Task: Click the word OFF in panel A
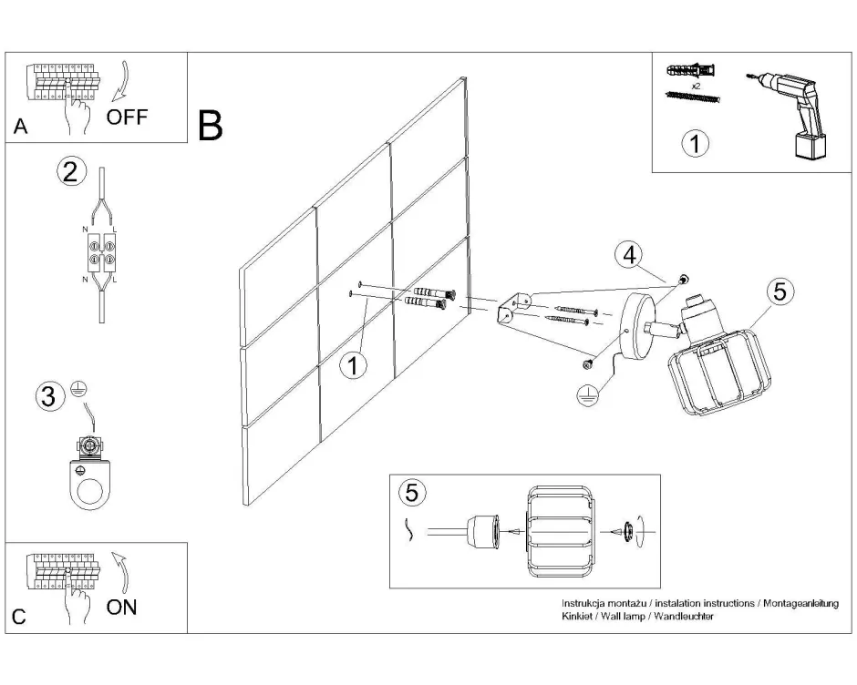pyautogui.click(x=127, y=117)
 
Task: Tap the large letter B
pyautogui.click(x=210, y=126)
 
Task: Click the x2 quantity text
pyautogui.click(x=695, y=85)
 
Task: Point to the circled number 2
pyautogui.click(x=72, y=171)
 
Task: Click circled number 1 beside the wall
pyautogui.click(x=353, y=365)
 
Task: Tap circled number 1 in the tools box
pyautogui.click(x=696, y=143)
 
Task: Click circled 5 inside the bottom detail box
pyautogui.click(x=412, y=493)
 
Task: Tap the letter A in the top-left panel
pyautogui.click(x=21, y=128)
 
